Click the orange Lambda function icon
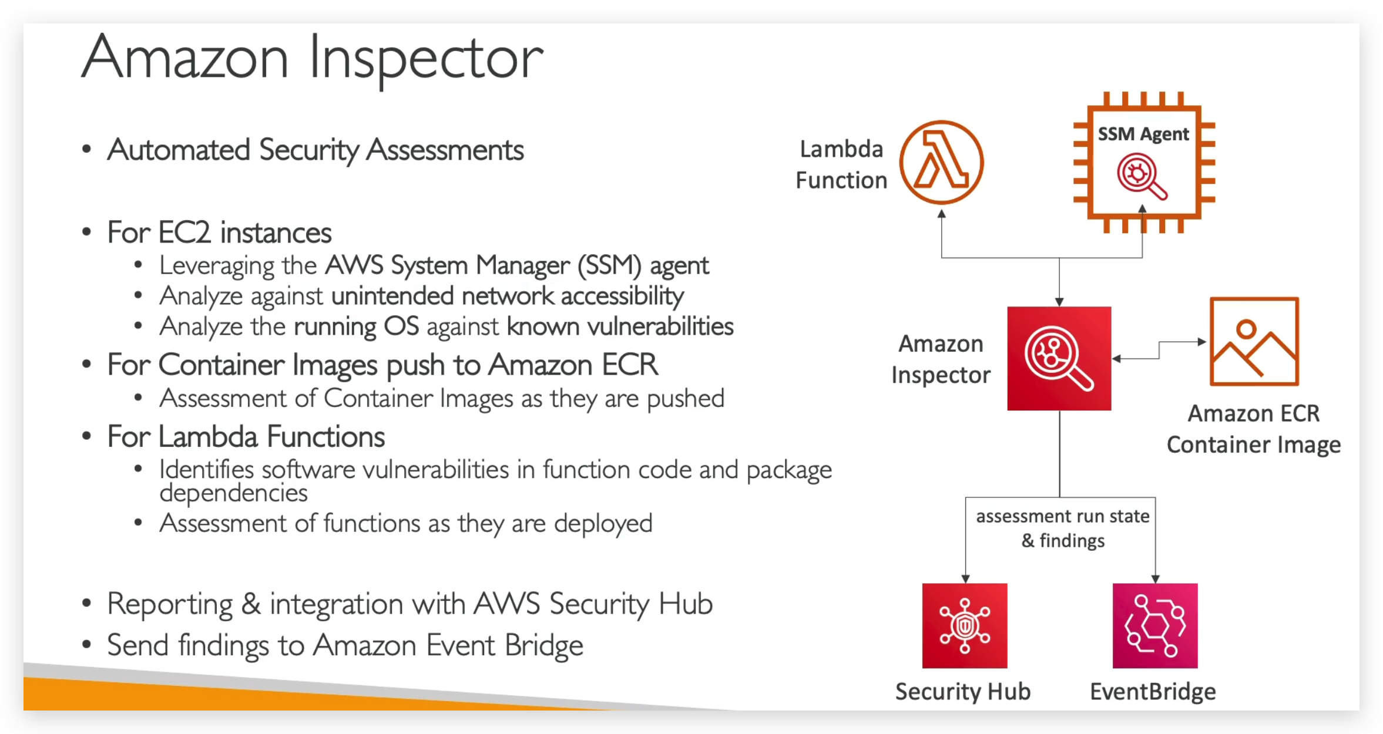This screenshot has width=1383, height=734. (941, 162)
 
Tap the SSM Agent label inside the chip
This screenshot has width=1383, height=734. (1143, 134)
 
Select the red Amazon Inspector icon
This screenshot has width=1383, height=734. (1059, 358)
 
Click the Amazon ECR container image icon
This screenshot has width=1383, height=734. (1254, 341)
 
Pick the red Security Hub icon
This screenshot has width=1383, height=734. (964, 625)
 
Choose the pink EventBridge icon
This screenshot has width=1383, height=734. (1154, 625)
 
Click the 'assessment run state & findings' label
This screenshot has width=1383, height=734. (1062, 528)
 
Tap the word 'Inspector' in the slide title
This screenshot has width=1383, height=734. (426, 59)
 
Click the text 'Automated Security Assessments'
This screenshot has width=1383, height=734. (315, 150)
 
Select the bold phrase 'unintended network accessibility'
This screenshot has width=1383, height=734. (508, 296)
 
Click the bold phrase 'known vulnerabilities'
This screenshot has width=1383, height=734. (620, 326)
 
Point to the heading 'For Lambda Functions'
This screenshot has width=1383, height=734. (246, 437)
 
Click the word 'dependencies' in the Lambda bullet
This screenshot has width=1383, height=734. (233, 493)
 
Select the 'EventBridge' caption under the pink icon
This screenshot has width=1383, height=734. (1153, 692)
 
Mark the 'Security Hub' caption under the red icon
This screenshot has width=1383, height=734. (962, 692)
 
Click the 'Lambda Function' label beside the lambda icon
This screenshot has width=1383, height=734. (841, 165)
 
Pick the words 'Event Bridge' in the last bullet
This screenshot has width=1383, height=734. (504, 645)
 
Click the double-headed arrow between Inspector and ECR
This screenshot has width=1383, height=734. (1159, 350)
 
